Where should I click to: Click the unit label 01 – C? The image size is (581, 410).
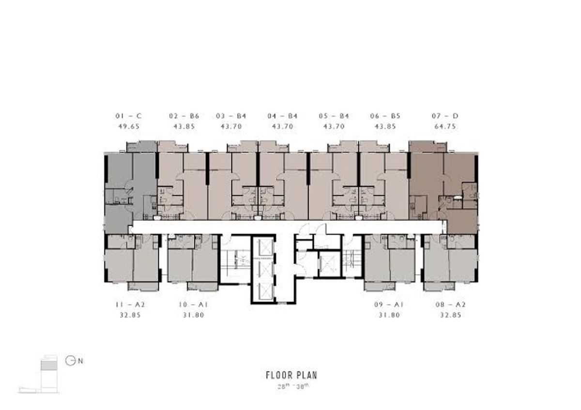129,116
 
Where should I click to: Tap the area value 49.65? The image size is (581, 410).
129,126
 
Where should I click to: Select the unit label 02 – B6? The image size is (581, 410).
184,116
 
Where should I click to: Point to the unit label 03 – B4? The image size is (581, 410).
231,116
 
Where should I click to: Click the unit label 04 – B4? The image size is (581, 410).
282,116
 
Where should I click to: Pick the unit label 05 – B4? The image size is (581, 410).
334,116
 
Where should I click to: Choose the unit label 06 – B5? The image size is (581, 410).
385,116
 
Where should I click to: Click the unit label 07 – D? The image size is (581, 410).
445,116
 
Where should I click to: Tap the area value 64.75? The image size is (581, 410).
445,126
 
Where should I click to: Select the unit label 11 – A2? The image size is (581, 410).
130,304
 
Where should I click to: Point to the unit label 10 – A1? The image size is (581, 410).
193,304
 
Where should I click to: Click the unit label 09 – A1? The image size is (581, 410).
389,304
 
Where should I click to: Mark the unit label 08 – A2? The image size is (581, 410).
451,304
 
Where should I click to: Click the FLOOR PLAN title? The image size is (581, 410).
291,375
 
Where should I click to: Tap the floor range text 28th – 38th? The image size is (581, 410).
293,387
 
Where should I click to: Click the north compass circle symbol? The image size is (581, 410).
70,361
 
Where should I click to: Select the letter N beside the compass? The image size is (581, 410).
80,361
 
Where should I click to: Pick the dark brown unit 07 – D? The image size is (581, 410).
443,187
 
